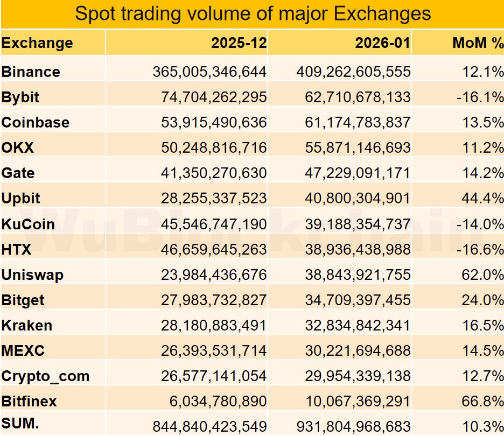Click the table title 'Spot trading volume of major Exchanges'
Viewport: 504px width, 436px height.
click(x=253, y=13)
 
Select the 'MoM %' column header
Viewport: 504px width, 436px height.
click(x=478, y=43)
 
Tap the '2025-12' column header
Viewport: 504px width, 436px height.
click(x=239, y=43)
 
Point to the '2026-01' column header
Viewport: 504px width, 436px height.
click(x=382, y=43)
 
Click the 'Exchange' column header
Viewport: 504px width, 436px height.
click(x=37, y=43)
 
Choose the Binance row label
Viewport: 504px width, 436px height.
click(x=31, y=72)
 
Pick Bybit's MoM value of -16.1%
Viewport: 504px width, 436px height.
click(x=479, y=97)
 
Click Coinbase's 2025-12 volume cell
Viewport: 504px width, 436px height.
click(x=214, y=123)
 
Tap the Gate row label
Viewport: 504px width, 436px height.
click(x=18, y=173)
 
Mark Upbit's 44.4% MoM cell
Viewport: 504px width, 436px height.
click(x=480, y=199)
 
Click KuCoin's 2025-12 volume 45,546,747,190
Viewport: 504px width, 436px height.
click(x=214, y=224)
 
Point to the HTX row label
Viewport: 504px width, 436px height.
click(x=17, y=249)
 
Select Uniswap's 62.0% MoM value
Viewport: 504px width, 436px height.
click(x=480, y=275)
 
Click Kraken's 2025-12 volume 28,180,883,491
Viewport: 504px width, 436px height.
click(x=214, y=326)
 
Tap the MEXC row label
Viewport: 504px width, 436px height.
click(x=23, y=351)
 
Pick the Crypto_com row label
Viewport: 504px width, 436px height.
click(x=45, y=376)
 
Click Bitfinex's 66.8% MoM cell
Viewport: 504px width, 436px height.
click(x=480, y=402)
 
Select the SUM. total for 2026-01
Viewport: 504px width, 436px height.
click(x=353, y=426)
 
